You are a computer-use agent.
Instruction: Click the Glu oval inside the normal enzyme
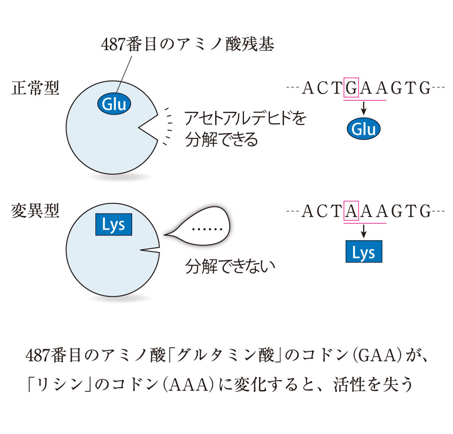coord(115,104)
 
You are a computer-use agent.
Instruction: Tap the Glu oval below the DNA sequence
coord(364,129)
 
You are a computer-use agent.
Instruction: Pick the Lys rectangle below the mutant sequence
coord(363,252)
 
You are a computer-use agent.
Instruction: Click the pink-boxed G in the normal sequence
coord(352,88)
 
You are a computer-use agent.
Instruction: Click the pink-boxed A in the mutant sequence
coord(352,211)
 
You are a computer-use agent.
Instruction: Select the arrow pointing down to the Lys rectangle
coord(364,231)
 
